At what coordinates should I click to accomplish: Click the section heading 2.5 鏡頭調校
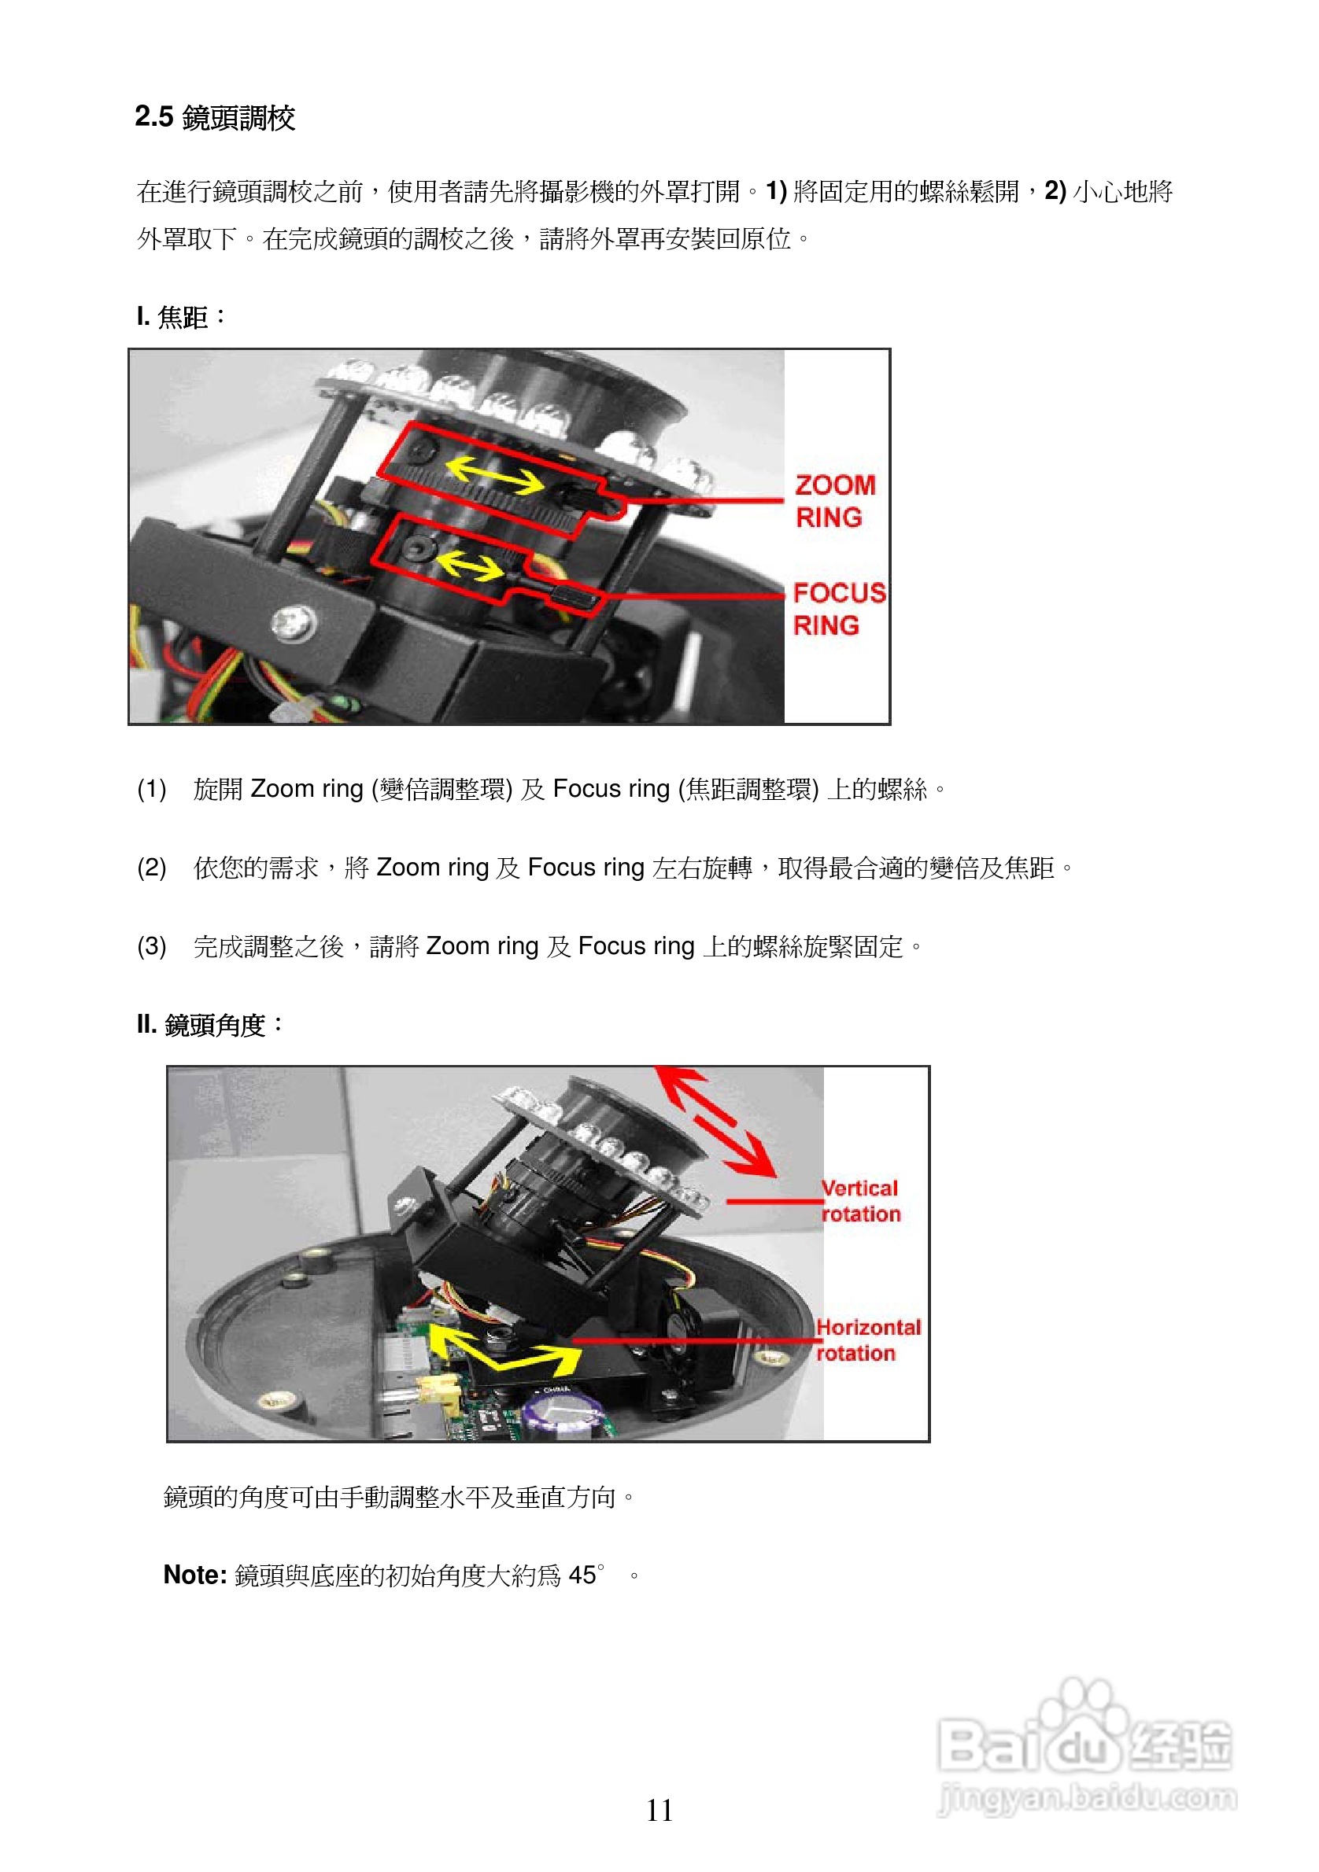[x=215, y=117]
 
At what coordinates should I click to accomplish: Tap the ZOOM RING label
[x=833, y=500]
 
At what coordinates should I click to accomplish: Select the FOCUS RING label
[x=837, y=608]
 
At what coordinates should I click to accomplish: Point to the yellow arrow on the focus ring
[x=471, y=564]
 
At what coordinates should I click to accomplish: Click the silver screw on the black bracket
[x=294, y=623]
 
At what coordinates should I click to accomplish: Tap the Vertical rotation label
[x=859, y=1200]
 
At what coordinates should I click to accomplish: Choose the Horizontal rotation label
[x=866, y=1340]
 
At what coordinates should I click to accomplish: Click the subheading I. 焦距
[x=180, y=316]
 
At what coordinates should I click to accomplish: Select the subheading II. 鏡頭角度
[x=209, y=1024]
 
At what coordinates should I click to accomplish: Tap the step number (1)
[x=152, y=788]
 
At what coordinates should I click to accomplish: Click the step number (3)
[x=152, y=945]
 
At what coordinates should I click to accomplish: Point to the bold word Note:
[x=195, y=1575]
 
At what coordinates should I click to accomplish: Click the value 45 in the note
[x=582, y=1575]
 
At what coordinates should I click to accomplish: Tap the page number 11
[x=659, y=1811]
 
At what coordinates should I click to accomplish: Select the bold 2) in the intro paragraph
[x=1055, y=191]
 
